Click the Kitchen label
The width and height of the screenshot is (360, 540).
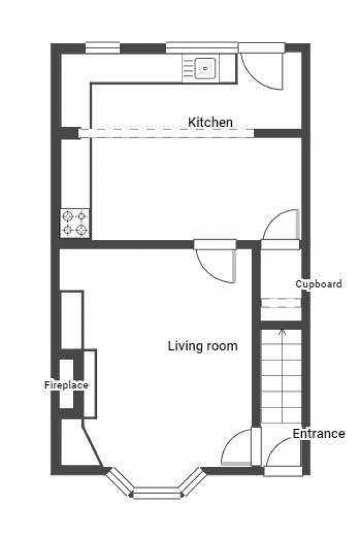pyautogui.click(x=210, y=122)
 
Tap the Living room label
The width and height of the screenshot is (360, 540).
pyautogui.click(x=203, y=346)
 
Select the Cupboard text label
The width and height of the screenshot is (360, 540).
pyautogui.click(x=318, y=284)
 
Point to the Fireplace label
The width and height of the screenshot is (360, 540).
pyautogui.click(x=66, y=385)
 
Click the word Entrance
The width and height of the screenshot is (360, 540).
pyautogui.click(x=318, y=434)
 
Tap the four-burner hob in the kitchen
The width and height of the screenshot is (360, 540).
pyautogui.click(x=75, y=223)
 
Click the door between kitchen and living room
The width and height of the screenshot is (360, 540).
pyautogui.click(x=216, y=260)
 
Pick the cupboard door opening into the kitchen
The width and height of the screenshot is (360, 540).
pyautogui.click(x=281, y=227)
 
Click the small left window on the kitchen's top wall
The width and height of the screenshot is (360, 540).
pyautogui.click(x=102, y=48)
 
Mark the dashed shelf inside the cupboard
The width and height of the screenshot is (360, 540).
pyautogui.click(x=281, y=303)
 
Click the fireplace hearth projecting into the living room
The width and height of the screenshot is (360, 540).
pyautogui.click(x=90, y=383)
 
